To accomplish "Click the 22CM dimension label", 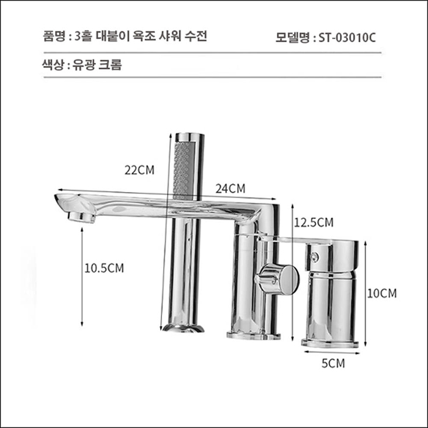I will (x=139, y=170).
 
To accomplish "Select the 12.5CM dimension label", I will (x=313, y=222).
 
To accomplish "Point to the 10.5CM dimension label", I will (x=105, y=267).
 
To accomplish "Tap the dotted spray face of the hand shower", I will (x=183, y=168).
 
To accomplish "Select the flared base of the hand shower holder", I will (x=183, y=328).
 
